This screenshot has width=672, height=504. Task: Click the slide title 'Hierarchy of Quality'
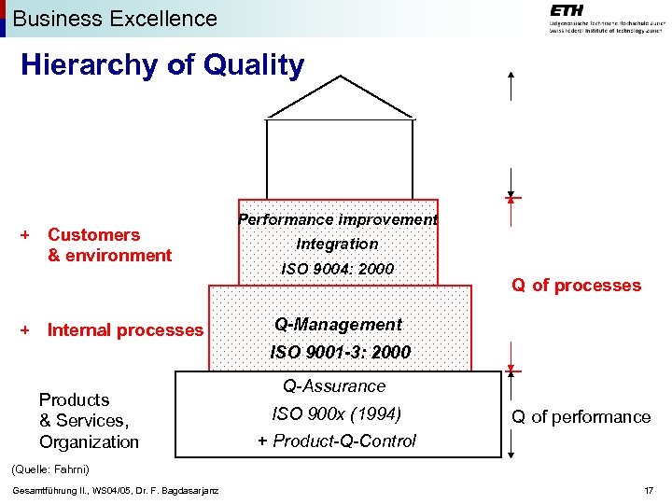click(x=162, y=65)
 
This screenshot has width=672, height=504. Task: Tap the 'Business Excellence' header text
click(x=115, y=18)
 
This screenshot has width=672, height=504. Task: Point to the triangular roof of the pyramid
click(x=340, y=97)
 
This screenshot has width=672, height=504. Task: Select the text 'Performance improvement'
click(x=337, y=219)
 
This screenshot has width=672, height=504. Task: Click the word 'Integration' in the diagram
click(x=337, y=244)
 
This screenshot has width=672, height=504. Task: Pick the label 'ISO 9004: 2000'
click(x=337, y=269)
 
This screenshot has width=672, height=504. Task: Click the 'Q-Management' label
click(x=337, y=325)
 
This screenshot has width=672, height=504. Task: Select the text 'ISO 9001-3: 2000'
click(x=340, y=353)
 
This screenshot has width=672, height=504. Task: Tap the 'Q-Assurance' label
click(x=334, y=385)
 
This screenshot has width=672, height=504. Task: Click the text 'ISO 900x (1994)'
click(x=336, y=413)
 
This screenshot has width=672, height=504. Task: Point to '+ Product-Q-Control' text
click(x=336, y=441)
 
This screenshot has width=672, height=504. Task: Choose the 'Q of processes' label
click(x=576, y=286)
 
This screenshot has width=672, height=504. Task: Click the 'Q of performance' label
click(x=581, y=417)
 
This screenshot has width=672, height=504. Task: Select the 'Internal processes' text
click(x=125, y=329)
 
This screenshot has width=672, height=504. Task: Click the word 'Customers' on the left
click(x=93, y=234)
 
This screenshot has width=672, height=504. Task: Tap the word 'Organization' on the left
click(x=89, y=441)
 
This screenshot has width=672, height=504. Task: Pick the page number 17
click(x=649, y=492)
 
